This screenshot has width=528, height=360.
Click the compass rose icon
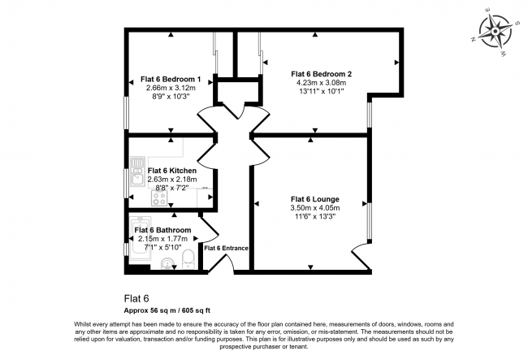tap(496, 33)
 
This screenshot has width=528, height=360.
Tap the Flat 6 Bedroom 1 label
tap(171, 80)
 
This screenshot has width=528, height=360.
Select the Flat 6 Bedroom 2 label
tap(321, 74)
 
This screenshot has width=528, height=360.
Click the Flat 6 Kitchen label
tap(171, 171)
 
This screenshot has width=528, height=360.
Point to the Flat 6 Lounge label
tap(315, 199)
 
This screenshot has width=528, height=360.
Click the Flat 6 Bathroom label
tap(162, 230)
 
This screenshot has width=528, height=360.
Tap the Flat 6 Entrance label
tap(227, 248)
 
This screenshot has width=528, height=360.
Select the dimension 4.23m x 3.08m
tap(321, 83)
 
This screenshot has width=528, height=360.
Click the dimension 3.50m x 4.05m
tap(315, 208)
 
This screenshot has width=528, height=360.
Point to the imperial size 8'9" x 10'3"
tap(171, 97)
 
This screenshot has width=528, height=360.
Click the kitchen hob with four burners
tap(159, 198)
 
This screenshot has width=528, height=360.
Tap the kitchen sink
tap(137, 171)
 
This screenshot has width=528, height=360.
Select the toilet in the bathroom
tap(188, 259)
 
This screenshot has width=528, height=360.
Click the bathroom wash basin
tap(167, 264)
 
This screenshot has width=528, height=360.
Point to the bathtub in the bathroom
tap(141, 240)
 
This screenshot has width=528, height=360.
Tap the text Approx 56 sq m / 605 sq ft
tap(167, 310)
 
